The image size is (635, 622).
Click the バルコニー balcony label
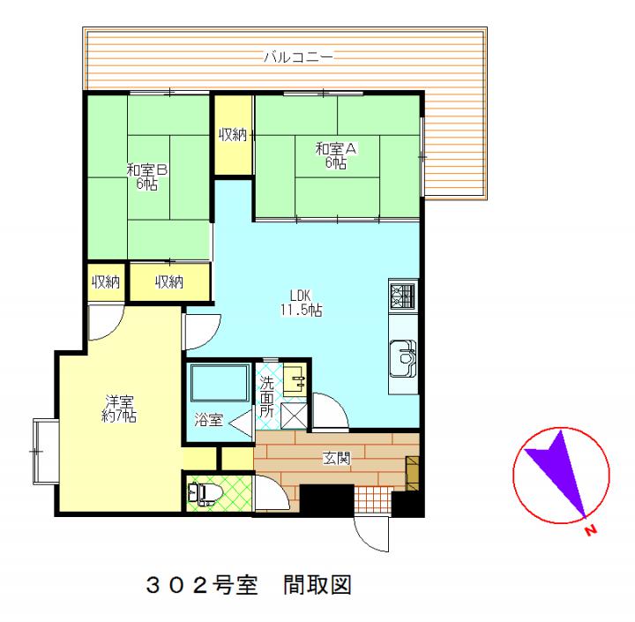(298, 57)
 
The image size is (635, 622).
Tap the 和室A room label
(336, 149)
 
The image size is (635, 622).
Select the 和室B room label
(147, 170)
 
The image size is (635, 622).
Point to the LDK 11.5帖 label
(301, 303)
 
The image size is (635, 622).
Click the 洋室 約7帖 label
(119, 408)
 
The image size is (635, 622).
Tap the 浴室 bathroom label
(208, 420)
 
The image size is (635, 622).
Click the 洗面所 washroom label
(266, 397)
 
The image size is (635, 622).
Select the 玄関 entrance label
(336, 458)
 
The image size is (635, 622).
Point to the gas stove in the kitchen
(402, 295)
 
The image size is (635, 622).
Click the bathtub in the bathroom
(220, 383)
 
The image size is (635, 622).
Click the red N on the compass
(591, 529)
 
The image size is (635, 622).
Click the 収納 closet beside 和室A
(233, 135)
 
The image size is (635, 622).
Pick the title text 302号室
(202, 586)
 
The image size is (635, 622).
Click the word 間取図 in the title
(317, 586)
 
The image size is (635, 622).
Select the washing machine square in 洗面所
(294, 416)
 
